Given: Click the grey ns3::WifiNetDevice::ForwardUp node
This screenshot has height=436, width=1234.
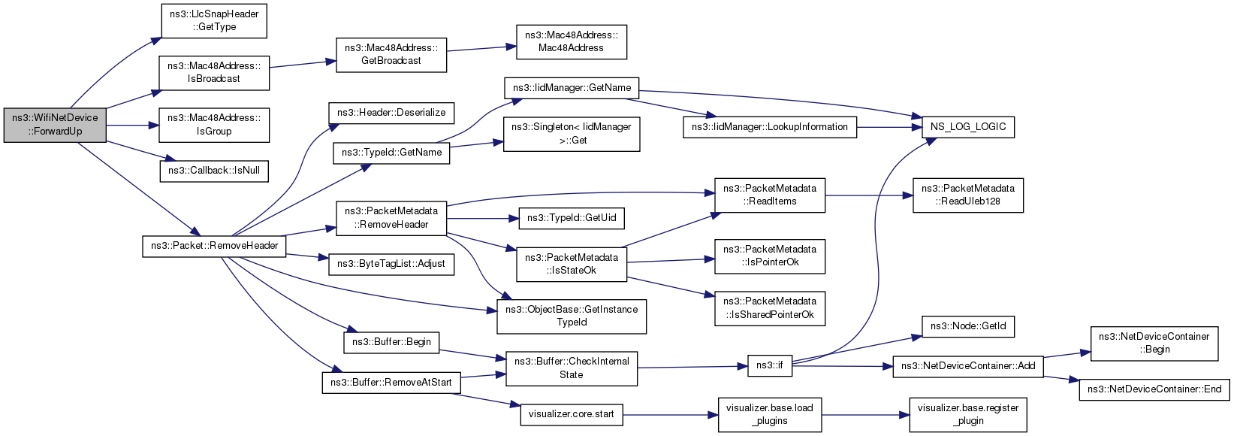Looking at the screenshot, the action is [55, 125].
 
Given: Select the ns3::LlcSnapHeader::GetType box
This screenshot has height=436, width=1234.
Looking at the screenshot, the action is [214, 21].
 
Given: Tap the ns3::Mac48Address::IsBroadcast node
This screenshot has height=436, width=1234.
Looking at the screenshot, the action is [214, 73].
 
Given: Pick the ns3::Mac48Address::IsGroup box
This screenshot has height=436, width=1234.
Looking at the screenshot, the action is [214, 125].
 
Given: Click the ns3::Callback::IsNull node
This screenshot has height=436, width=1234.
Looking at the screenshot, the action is [214, 171].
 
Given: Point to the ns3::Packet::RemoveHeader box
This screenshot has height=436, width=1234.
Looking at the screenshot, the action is [214, 246].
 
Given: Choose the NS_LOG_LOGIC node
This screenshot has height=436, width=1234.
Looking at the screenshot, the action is [967, 127].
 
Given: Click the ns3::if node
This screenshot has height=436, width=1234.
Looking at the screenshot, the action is [770, 365].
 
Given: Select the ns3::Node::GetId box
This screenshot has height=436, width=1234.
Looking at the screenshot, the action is [967, 326].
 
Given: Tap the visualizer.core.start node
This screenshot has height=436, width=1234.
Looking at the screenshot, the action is [572, 414].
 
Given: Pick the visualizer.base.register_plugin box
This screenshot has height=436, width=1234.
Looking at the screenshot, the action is [968, 414].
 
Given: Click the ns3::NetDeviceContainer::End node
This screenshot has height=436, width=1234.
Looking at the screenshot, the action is [1154, 389].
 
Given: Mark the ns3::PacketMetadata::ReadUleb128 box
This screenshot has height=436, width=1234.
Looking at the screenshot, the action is [968, 195].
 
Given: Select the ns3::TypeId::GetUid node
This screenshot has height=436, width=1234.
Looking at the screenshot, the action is [572, 218].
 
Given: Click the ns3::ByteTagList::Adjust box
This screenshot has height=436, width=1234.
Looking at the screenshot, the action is [391, 265].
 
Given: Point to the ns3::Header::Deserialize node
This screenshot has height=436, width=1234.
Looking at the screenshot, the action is [391, 113].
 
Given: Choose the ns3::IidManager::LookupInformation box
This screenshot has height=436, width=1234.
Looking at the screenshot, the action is [770, 127].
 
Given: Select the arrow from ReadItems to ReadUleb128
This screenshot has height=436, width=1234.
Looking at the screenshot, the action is [869, 195].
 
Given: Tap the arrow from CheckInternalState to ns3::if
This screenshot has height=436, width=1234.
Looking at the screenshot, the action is [692, 367].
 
